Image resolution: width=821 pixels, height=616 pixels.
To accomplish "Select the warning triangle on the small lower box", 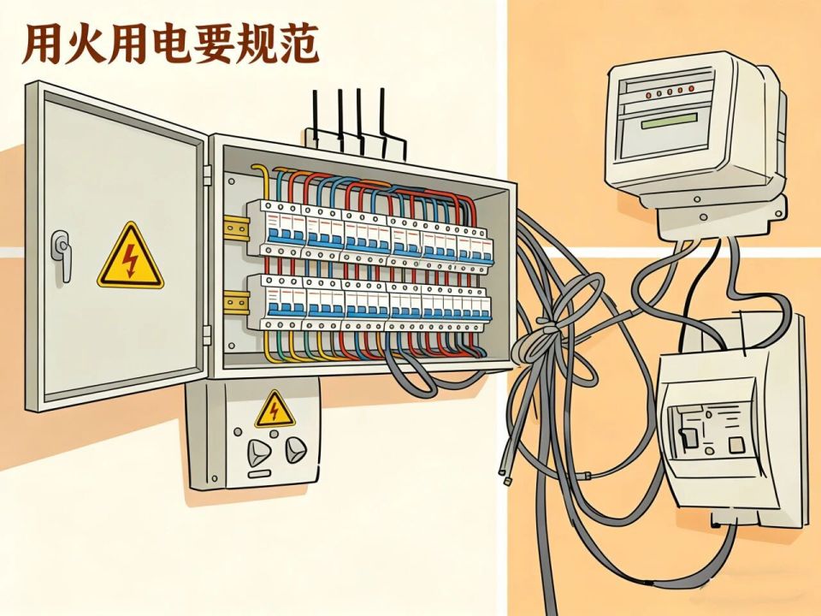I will pos(274,410).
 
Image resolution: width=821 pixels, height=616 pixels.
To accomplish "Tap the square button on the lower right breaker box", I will pos(734,444).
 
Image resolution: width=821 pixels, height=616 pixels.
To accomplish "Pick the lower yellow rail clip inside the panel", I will pos(233,301).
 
